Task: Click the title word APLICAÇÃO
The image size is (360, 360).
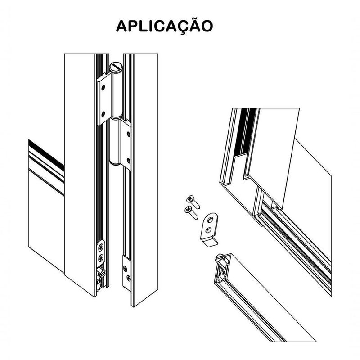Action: tap(164, 25)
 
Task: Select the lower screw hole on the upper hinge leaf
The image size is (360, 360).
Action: tap(103, 113)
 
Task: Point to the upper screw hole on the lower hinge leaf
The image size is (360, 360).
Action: tap(128, 134)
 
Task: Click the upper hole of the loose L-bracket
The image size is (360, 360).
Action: tap(210, 219)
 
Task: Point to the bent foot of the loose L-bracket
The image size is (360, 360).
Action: tap(210, 242)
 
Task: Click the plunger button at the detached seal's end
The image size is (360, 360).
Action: tap(220, 260)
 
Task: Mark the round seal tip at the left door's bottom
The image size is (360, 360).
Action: tap(99, 284)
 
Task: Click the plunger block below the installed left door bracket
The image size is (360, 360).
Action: tap(101, 272)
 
